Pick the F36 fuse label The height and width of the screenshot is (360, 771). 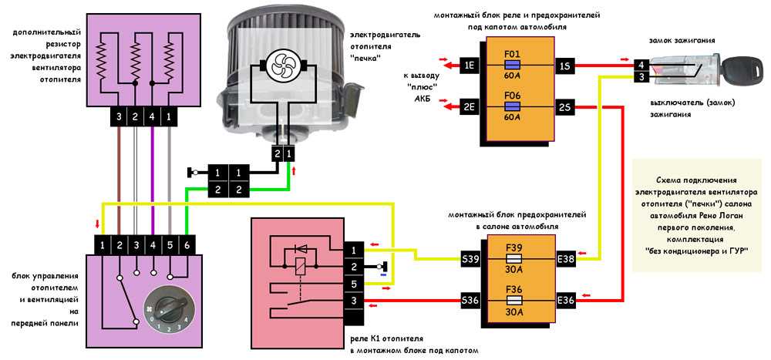pos(513,290)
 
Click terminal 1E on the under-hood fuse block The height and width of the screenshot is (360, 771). pos(470,66)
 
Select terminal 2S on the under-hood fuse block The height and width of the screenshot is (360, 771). pos(566,107)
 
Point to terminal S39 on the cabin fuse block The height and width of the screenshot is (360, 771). pos(470,260)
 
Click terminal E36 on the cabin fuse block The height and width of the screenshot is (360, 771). pos(566,300)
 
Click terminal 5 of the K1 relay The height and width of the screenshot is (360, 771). pos(354,284)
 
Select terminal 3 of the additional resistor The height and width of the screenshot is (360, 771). pos(119,116)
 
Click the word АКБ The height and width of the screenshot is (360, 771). pos(421,106)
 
